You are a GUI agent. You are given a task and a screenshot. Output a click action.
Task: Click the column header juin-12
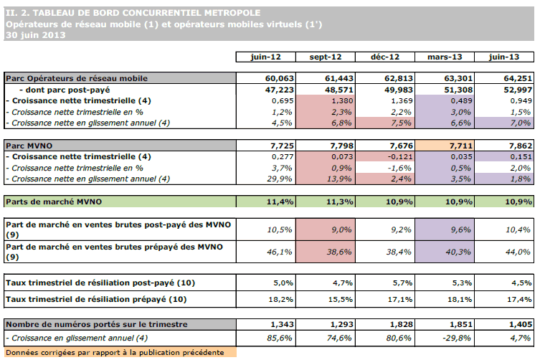coord(266,57)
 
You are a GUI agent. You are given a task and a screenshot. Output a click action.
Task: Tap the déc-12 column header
coord(385,57)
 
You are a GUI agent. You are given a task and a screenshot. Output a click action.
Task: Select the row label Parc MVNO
coord(29,146)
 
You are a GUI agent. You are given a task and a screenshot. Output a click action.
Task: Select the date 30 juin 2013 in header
coord(35,34)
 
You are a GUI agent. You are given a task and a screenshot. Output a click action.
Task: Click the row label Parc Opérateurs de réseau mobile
coord(77,77)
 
